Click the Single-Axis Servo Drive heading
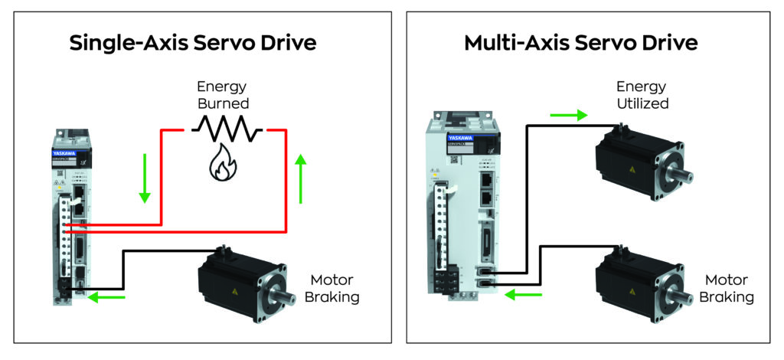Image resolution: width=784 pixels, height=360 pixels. (193, 43)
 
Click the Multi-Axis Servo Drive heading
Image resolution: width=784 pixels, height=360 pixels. (581, 43)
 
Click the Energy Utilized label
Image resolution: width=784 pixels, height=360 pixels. (642, 94)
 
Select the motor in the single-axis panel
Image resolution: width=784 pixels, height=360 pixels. (244, 280)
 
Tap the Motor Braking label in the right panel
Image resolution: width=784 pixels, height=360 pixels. (729, 288)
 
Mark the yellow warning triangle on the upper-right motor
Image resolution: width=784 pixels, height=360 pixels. (632, 170)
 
